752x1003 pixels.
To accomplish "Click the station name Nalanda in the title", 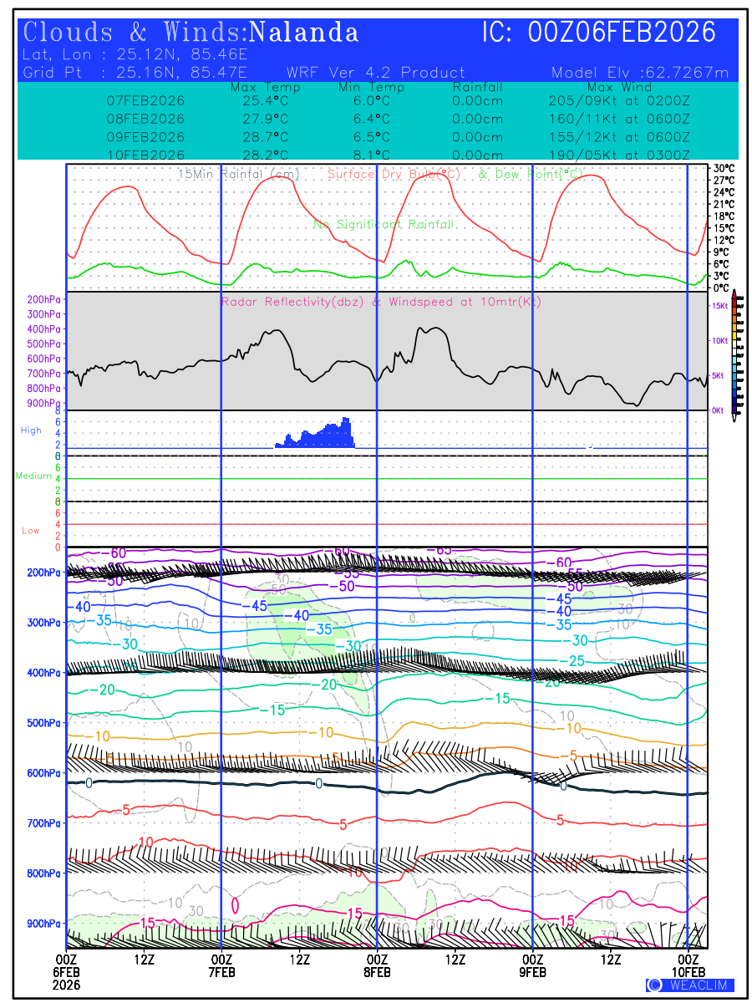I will (x=304, y=33).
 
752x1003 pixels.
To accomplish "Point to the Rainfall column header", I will (x=477, y=87).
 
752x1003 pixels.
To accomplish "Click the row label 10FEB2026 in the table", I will (x=145, y=155).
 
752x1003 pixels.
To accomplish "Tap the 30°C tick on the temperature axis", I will (x=724, y=168).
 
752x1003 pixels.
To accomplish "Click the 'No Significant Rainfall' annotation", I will (x=384, y=225).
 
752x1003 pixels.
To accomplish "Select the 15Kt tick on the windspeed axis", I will (x=719, y=307).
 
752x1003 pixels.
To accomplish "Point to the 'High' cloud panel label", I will (x=31, y=430).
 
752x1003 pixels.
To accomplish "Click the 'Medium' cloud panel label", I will (x=33, y=476).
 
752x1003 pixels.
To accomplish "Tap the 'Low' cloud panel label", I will (x=31, y=531).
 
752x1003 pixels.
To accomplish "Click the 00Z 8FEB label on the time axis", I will (x=377, y=965).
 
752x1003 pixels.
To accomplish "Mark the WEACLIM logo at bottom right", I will (x=690, y=985).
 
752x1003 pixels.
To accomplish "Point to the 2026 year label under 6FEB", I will (x=66, y=984).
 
